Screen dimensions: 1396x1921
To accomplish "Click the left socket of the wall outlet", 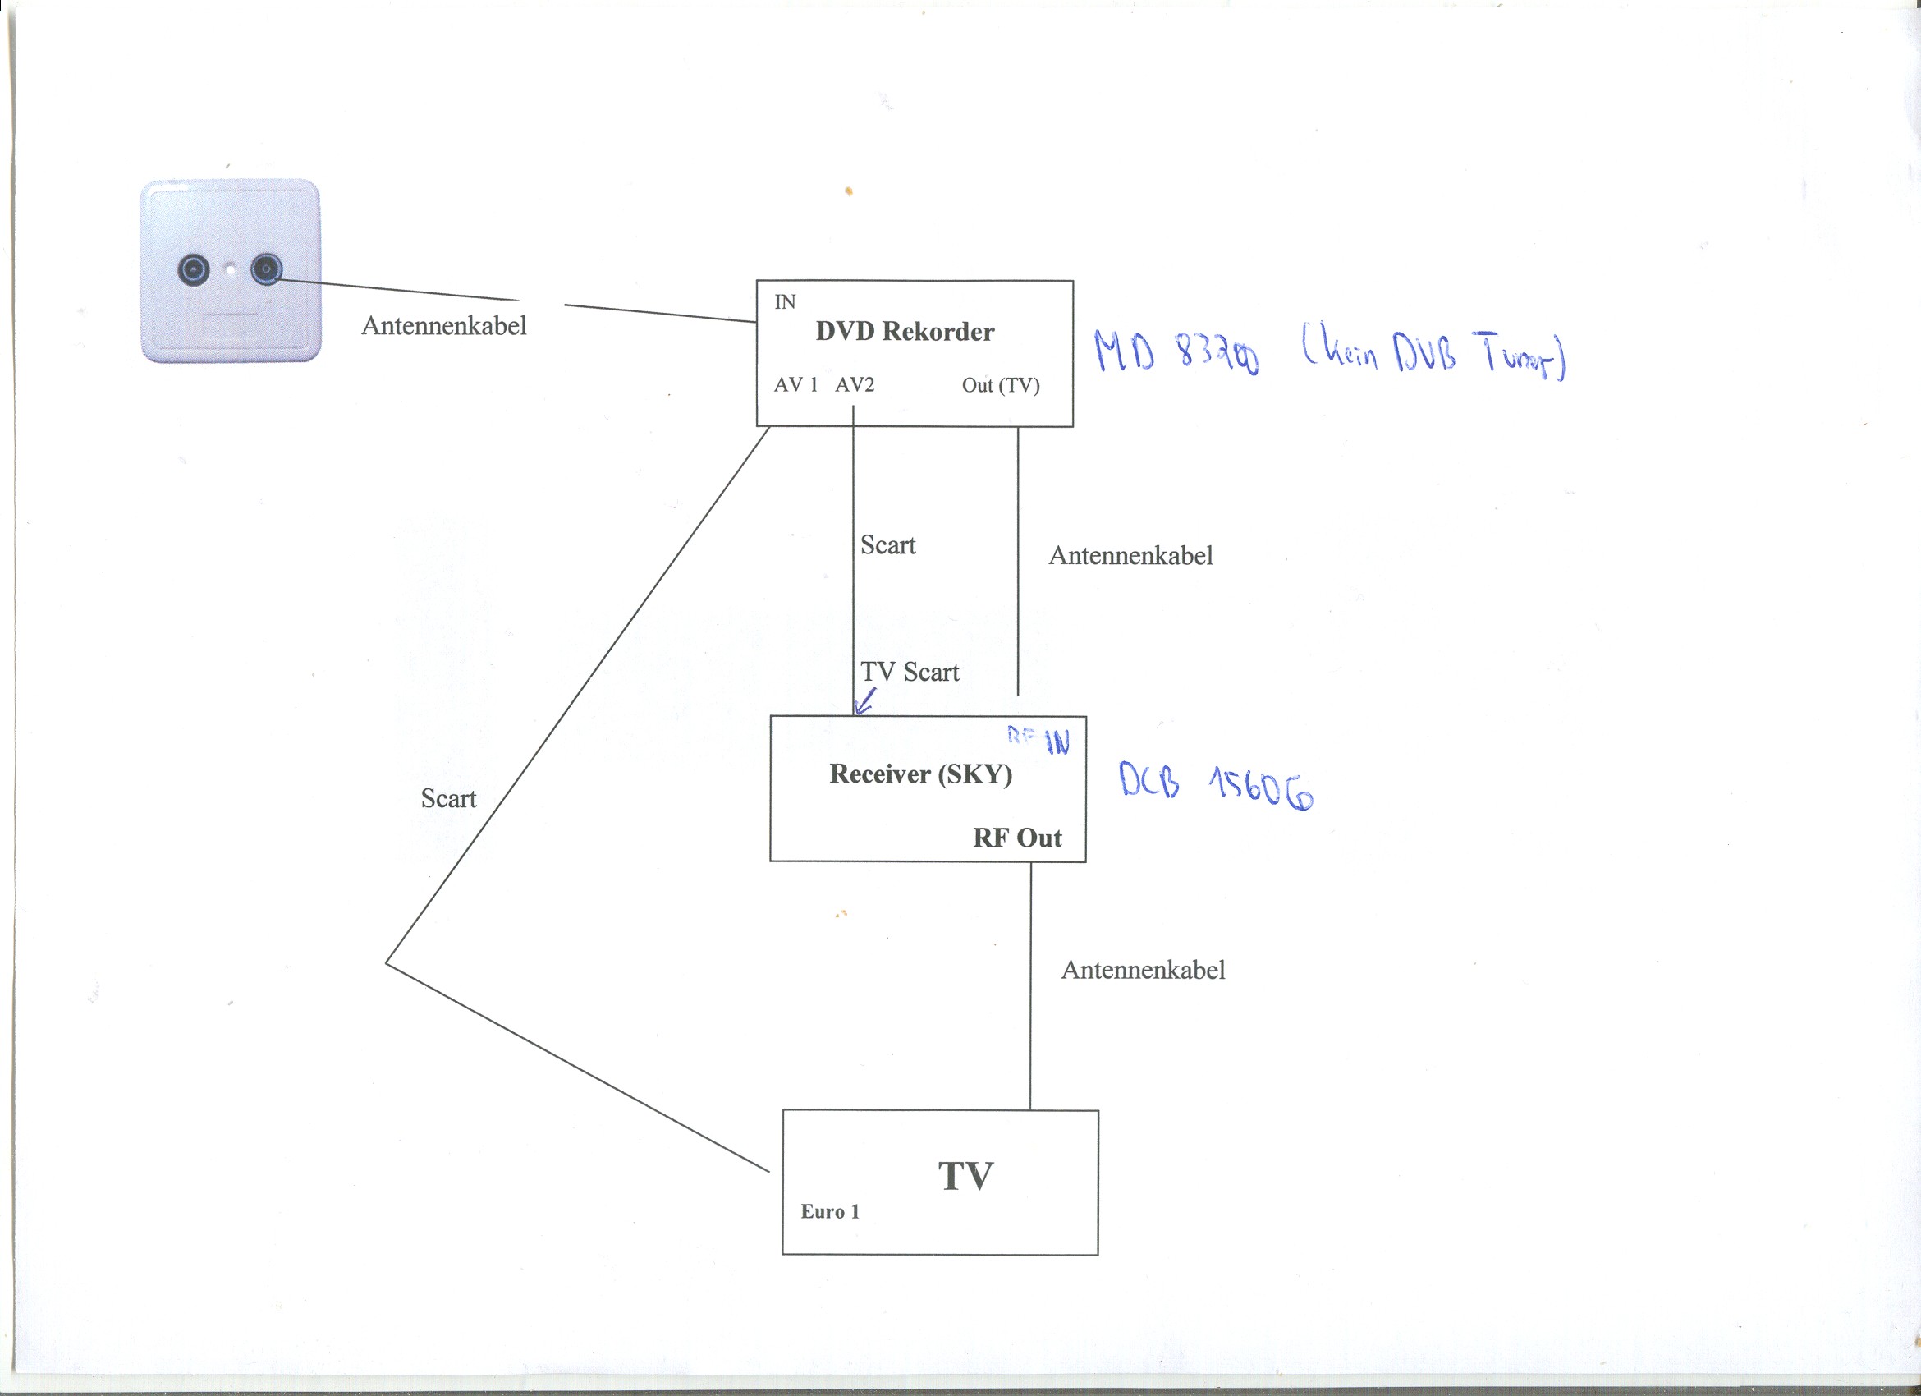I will [193, 270].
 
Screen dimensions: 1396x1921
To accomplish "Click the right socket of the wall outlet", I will [266, 269].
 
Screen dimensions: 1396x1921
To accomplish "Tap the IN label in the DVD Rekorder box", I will [784, 301].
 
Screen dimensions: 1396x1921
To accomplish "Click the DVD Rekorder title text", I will [905, 331].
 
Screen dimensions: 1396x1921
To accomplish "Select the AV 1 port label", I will [795, 384].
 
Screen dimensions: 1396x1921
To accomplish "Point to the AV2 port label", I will [854, 384].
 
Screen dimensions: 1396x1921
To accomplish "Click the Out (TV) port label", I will [1000, 385].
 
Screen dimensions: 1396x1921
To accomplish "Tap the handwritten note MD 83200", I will [1176, 351].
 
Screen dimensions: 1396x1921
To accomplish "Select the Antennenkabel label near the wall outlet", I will [444, 325].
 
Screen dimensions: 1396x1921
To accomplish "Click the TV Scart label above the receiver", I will [910, 672].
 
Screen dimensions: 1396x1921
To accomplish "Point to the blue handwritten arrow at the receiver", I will [864, 702].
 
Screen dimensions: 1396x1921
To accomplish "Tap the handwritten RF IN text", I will [1039, 739].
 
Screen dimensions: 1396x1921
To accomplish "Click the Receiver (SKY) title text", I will [921, 774].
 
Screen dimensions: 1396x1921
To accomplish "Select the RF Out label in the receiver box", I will [1016, 837].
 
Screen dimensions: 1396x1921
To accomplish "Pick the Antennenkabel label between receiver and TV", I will [1143, 970].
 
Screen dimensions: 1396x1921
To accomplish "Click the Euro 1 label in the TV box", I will [830, 1211].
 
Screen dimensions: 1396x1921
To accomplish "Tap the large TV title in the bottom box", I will [965, 1176].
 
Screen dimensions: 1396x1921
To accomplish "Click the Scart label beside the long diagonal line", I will [448, 798].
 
